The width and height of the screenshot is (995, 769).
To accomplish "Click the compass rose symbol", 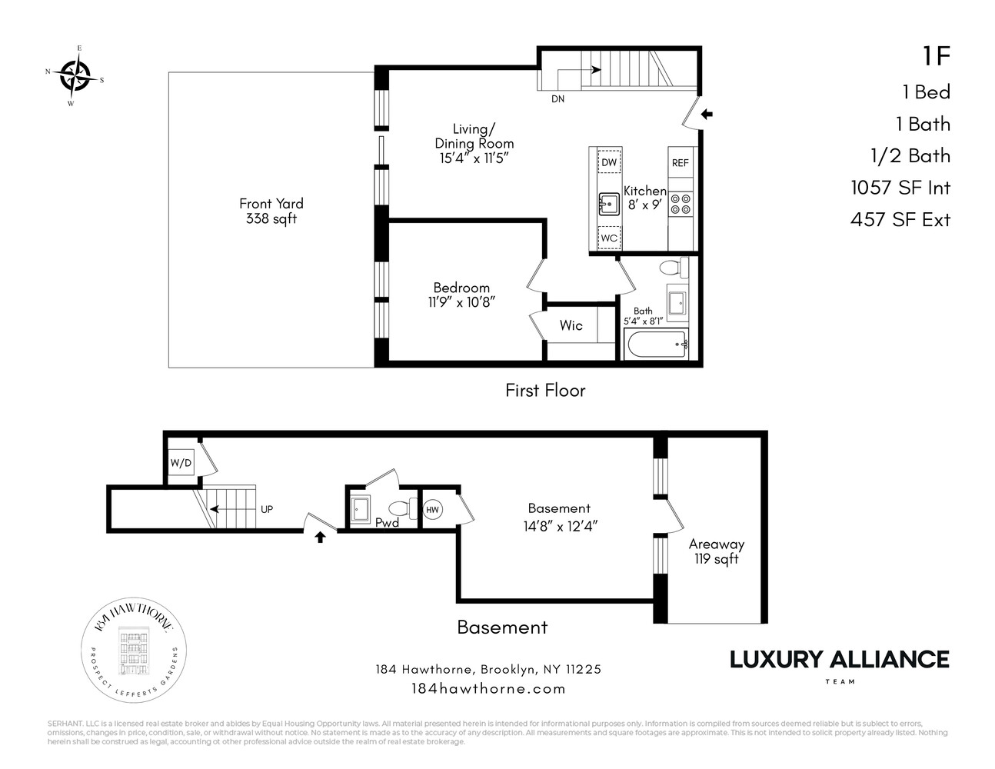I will click(x=75, y=75).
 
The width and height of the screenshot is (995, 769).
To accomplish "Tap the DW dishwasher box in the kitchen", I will click(x=609, y=162).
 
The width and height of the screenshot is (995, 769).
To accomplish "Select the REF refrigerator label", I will click(x=681, y=163).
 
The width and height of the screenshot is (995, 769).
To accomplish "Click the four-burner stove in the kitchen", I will click(x=681, y=204).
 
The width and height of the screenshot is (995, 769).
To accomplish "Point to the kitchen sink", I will click(x=609, y=205).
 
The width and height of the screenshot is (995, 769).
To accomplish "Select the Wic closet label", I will click(x=571, y=325).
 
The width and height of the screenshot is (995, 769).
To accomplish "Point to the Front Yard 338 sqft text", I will click(x=271, y=211).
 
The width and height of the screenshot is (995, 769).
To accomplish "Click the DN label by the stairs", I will click(x=558, y=98).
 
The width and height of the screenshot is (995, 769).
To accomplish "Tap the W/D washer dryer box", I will click(x=181, y=463).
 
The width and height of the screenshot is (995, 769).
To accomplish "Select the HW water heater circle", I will click(x=433, y=508).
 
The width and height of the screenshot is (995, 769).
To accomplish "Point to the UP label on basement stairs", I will click(x=267, y=509).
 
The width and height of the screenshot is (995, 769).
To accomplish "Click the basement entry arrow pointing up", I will click(x=321, y=537).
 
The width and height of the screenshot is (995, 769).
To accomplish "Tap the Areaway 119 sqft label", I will click(x=716, y=551).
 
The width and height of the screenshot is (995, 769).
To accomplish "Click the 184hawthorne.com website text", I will click(x=488, y=688).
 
